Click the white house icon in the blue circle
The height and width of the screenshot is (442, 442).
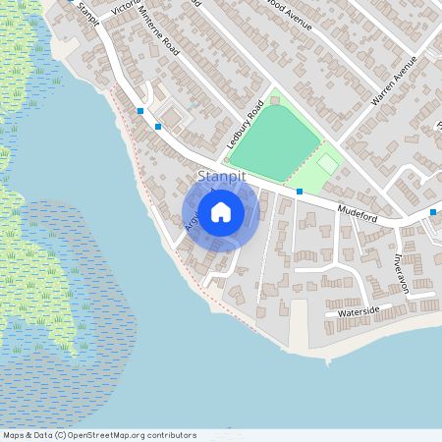coord(221,211)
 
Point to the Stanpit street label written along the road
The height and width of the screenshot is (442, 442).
coord(84,14)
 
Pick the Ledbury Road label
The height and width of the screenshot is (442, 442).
coord(246,125)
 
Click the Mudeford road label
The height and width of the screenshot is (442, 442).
coord(359,211)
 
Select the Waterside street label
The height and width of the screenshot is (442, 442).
coord(359,311)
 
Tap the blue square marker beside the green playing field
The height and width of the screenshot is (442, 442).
coord(300,191)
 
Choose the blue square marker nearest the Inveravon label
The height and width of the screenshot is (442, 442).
coord(433,212)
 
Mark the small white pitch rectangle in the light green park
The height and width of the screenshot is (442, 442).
coord(328,162)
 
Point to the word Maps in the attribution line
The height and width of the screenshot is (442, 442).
coord(14,435)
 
